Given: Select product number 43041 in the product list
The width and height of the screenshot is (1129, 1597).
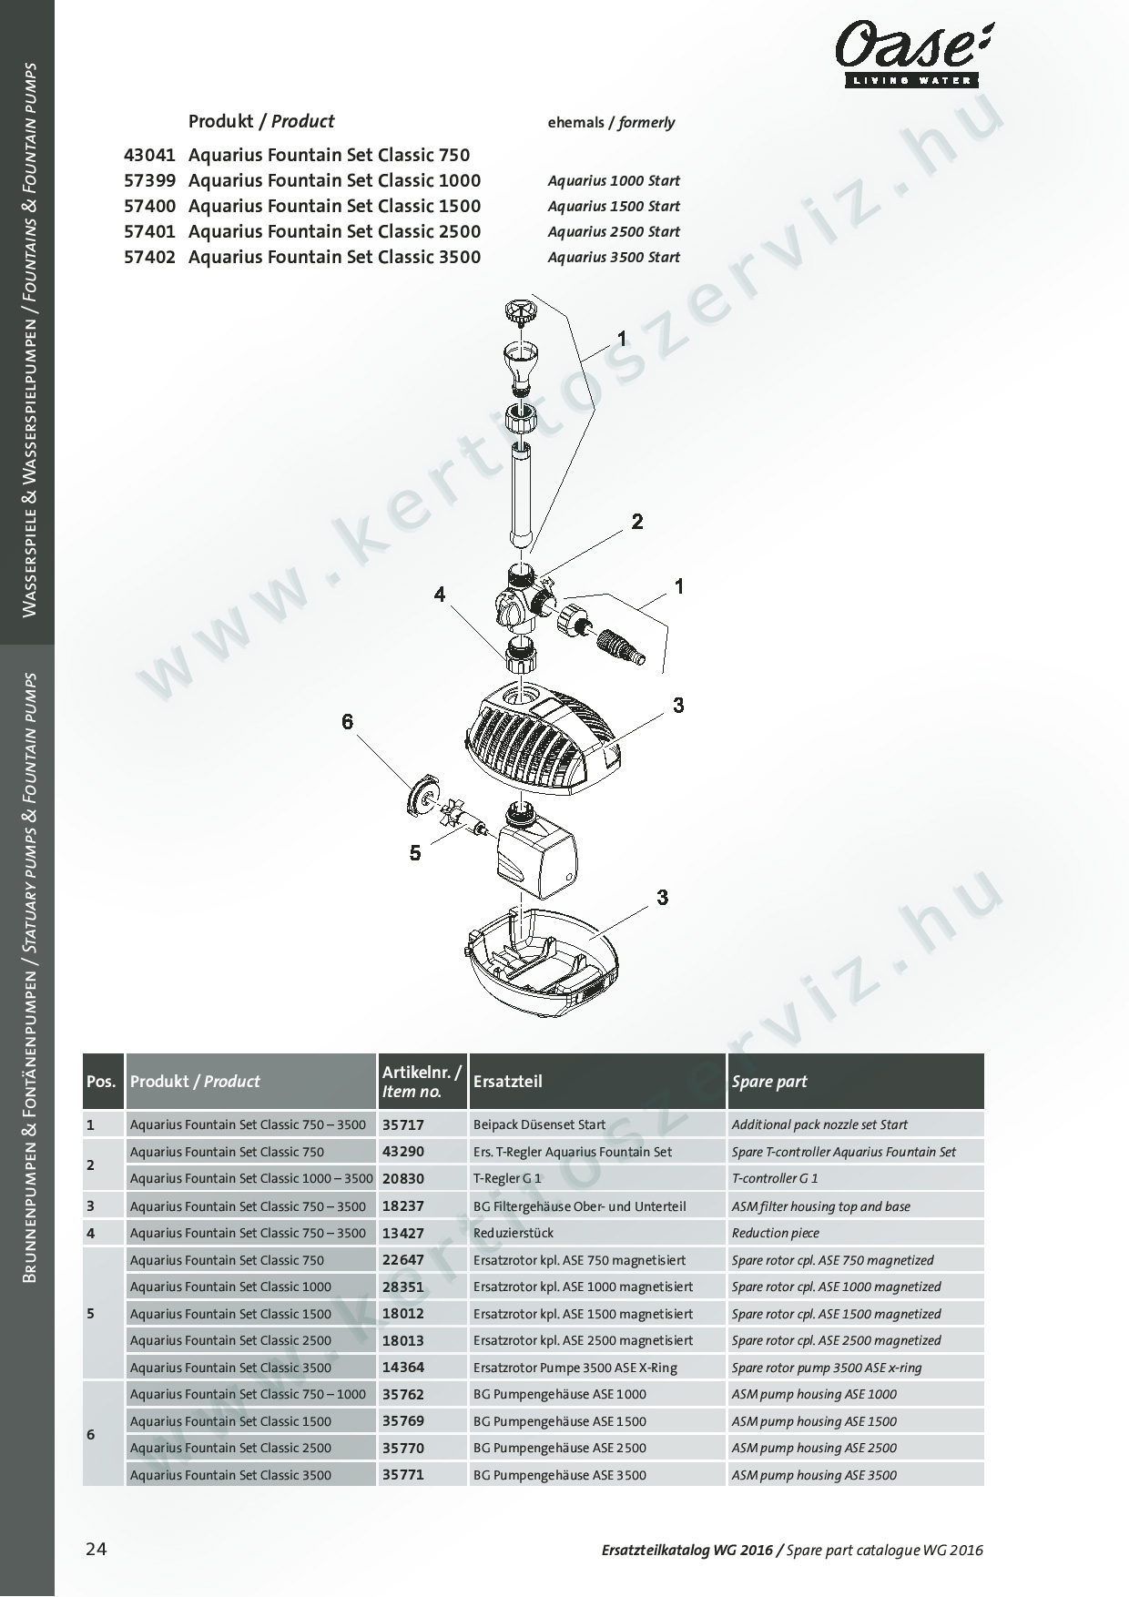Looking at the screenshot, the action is (149, 155).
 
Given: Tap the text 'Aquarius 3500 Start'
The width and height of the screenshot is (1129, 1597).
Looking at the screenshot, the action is (614, 258).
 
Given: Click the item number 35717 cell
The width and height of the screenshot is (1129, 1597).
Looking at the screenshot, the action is (403, 1125).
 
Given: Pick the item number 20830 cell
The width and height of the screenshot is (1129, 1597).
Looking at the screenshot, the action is (403, 1178).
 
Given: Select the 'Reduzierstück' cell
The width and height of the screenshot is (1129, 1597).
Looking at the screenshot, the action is (514, 1233).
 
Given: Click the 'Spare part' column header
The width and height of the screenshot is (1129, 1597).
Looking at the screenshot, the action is (769, 1082).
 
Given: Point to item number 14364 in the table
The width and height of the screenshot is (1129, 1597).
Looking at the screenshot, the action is (403, 1367).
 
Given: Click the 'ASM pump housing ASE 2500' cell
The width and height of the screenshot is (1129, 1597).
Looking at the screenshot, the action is (814, 1448).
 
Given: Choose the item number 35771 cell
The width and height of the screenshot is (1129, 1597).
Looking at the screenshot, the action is (403, 1474).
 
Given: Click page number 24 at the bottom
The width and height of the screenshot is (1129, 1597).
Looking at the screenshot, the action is (97, 1549).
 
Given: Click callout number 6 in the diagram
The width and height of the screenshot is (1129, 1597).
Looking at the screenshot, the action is (347, 722).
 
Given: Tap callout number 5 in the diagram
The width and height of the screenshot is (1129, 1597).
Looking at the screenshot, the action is (415, 853).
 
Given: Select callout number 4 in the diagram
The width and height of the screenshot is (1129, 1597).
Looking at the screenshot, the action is (440, 595).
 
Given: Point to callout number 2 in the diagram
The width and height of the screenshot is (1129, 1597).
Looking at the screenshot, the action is (637, 522).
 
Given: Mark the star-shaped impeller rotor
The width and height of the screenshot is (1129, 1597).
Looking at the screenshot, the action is (454, 815).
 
